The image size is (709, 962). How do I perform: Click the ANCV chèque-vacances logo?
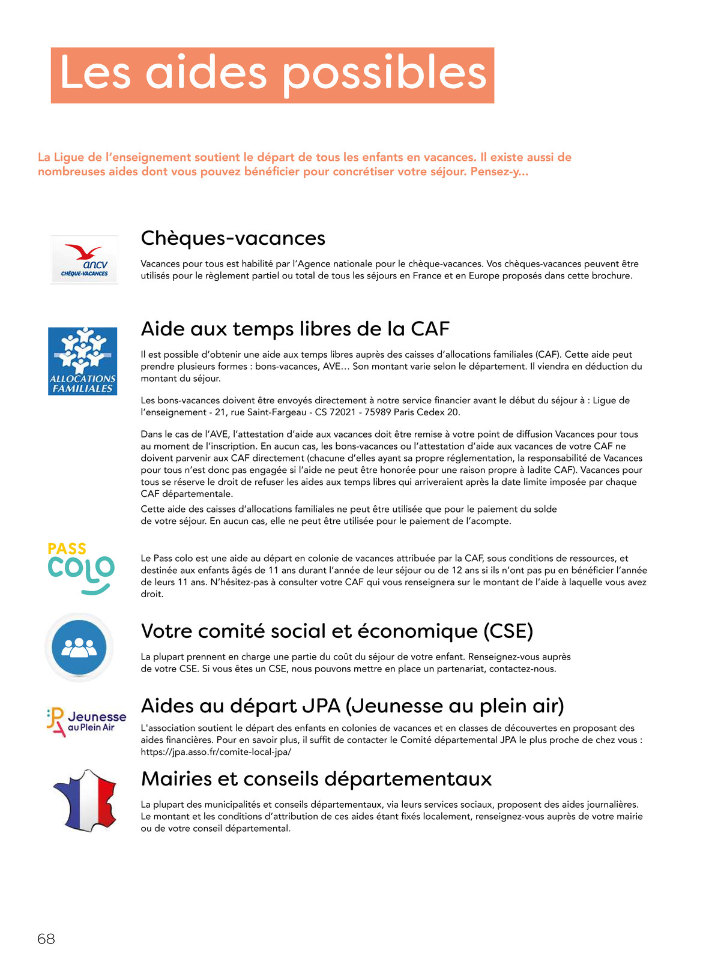click(x=84, y=260)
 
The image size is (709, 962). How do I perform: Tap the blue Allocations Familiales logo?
click(x=82, y=361)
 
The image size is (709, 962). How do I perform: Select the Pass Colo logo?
click(x=80, y=568)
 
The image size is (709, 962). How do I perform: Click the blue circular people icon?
click(x=79, y=648)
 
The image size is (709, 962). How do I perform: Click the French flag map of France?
click(x=85, y=800)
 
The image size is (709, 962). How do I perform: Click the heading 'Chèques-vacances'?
click(x=233, y=238)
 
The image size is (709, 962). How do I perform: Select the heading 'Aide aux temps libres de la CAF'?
click(x=295, y=329)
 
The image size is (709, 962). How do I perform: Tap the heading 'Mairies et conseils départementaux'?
click(x=316, y=779)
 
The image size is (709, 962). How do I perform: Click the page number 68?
click(x=46, y=939)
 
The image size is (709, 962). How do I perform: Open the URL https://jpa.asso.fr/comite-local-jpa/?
click(x=216, y=752)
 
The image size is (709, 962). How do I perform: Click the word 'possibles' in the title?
click(x=384, y=74)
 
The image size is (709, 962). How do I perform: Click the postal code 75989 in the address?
click(x=380, y=412)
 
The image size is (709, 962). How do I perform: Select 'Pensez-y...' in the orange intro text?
click(x=499, y=172)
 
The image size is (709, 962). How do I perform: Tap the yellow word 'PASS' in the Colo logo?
click(x=67, y=549)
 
